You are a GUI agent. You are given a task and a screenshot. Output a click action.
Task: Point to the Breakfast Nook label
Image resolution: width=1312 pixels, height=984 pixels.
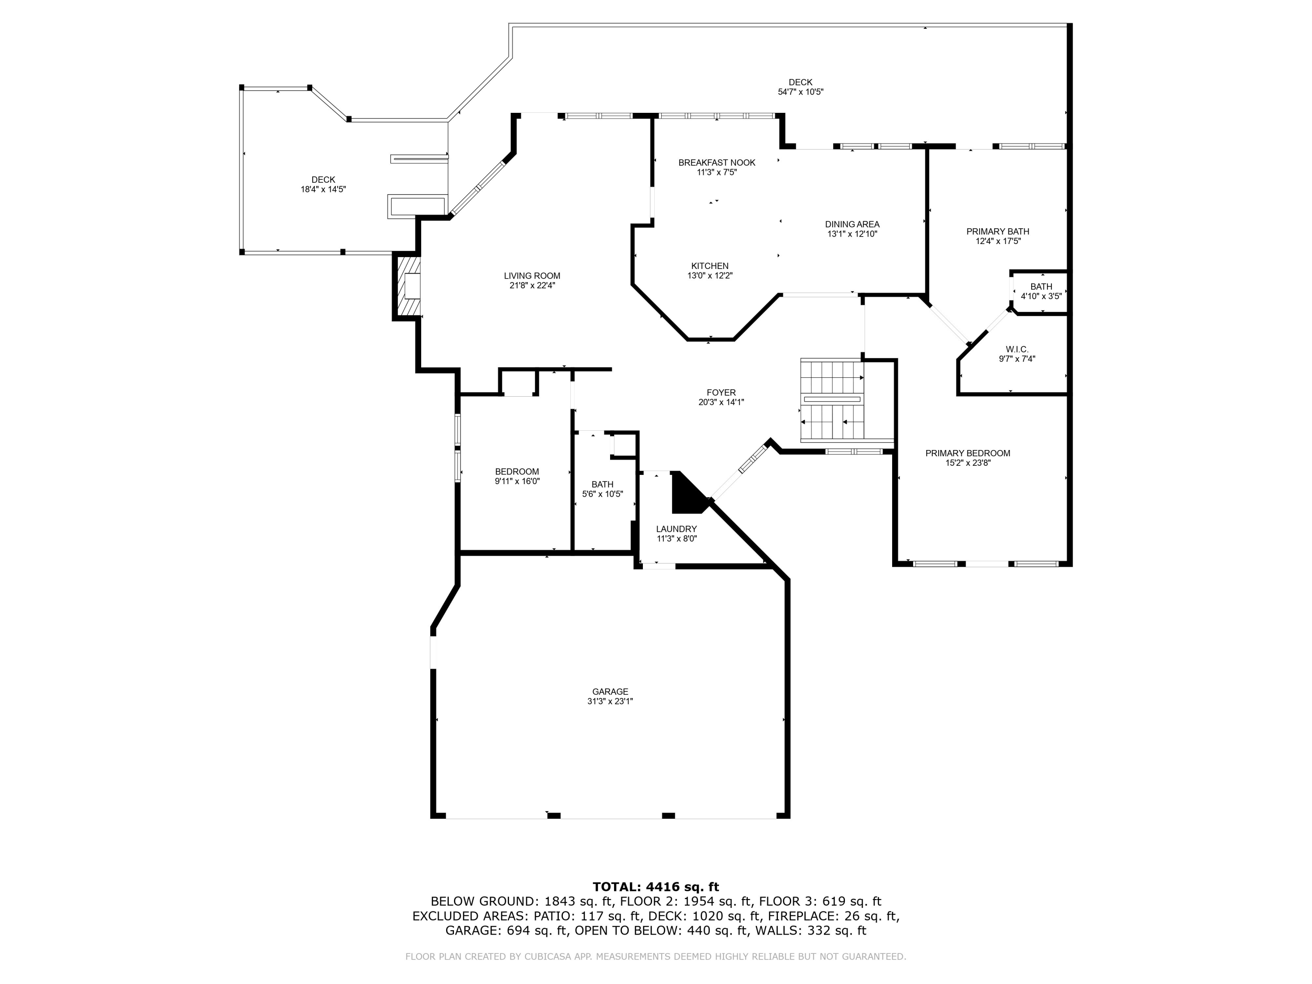coord(716,163)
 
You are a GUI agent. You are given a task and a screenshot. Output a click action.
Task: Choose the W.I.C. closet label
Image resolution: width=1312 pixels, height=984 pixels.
coord(1017,349)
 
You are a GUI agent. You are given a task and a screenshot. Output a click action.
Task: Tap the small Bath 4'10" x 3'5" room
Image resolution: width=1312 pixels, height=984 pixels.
coord(1041,291)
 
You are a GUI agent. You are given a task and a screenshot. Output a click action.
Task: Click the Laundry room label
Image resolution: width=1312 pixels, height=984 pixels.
coord(676,529)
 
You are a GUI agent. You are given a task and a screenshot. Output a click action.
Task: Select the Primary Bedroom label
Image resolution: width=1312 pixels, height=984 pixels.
coord(967,453)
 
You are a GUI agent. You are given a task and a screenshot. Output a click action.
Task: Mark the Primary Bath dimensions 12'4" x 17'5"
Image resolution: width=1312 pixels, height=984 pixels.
coord(998,241)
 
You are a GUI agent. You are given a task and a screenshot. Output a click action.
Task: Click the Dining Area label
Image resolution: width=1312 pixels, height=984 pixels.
coord(852,224)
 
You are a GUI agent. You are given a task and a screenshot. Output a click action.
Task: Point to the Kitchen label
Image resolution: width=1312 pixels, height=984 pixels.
coord(709,266)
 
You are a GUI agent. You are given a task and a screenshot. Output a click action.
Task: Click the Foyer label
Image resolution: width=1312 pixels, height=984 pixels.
coord(721,393)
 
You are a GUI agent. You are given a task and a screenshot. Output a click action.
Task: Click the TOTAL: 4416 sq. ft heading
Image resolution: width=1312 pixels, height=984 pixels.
coord(656,887)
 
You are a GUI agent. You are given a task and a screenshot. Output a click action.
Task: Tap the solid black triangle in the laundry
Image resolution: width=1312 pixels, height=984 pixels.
coord(685,495)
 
